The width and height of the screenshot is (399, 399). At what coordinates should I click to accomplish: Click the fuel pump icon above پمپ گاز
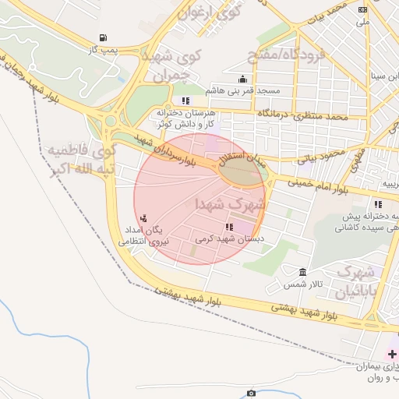tap(103, 37)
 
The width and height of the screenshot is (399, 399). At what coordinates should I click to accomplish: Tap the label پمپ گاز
tap(103, 50)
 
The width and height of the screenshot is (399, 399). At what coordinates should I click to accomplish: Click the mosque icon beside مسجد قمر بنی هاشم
tap(243, 79)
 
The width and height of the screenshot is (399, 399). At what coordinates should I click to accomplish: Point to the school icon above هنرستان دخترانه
tap(185, 101)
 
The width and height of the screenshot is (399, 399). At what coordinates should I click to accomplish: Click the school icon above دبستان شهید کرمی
tap(228, 227)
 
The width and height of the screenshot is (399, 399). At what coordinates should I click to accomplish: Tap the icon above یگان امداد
tap(143, 219)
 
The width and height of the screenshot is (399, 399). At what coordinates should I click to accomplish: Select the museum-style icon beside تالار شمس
tap(302, 271)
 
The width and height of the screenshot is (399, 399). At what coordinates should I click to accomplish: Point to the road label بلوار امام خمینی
tap(321, 187)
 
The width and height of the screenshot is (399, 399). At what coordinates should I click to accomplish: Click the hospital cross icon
tap(392, 355)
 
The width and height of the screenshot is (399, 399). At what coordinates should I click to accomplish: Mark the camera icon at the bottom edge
tap(251, 394)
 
